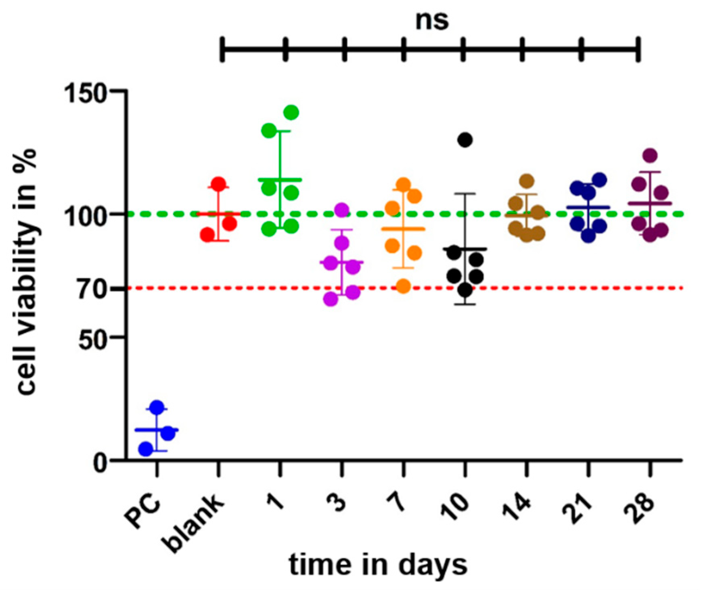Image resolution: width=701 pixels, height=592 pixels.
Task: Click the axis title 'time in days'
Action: click(x=378, y=565)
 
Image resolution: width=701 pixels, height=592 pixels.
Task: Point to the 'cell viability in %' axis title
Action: click(x=26, y=272)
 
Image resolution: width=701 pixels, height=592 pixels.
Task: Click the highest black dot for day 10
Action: click(x=465, y=140)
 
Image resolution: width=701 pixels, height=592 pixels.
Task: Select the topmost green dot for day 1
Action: click(x=291, y=113)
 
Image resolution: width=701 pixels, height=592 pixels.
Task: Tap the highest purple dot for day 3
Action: click(x=341, y=209)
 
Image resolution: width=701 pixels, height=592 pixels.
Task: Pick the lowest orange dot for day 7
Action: click(x=403, y=286)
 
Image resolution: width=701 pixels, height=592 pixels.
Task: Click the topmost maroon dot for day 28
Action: click(x=650, y=155)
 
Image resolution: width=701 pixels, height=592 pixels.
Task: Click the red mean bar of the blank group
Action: click(x=218, y=214)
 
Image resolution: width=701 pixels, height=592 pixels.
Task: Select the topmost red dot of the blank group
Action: click(x=219, y=184)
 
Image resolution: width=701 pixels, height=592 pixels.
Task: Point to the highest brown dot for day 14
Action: click(x=527, y=181)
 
